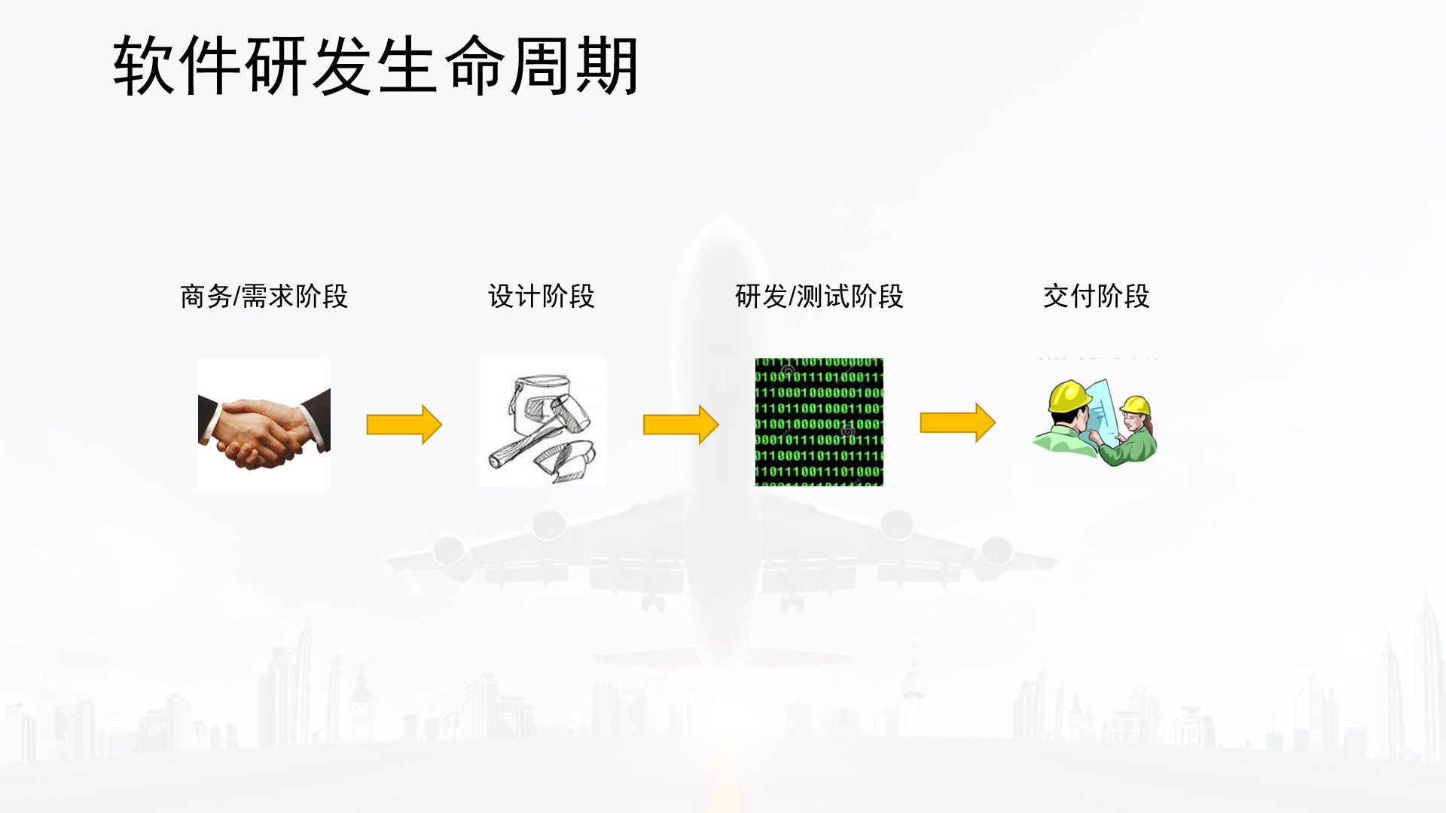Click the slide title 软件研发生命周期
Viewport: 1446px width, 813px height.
375,66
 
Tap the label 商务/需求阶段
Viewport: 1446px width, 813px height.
264,297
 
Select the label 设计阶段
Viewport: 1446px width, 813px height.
541,297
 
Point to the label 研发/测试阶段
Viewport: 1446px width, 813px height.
819,297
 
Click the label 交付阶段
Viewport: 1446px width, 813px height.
1096,297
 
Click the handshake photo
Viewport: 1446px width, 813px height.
264,425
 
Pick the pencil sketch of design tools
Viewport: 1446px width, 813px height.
542,422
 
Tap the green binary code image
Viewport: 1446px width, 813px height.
819,422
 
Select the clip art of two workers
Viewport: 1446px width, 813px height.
1095,422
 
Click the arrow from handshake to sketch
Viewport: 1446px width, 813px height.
404,425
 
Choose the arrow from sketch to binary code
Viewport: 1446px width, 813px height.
680,425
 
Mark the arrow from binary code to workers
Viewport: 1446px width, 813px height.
957,422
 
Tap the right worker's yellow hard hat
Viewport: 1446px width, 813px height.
1136,406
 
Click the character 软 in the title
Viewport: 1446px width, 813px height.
143,66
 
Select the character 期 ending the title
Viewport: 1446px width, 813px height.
607,66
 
